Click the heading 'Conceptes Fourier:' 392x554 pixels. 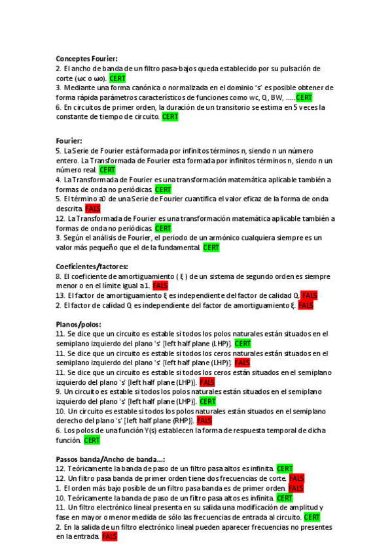point(86,59)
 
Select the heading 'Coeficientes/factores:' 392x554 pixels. point(92,267)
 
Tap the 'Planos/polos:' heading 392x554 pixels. point(79,324)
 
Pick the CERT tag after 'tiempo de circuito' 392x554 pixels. point(169,117)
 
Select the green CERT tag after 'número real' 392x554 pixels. point(107,170)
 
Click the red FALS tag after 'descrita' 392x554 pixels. point(92,208)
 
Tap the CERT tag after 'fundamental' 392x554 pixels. point(211,248)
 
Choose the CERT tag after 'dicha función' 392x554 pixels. point(92,440)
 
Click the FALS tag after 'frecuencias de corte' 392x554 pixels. point(296,478)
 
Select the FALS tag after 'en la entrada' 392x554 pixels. point(109,536)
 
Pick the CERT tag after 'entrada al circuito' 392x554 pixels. point(312,517)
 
